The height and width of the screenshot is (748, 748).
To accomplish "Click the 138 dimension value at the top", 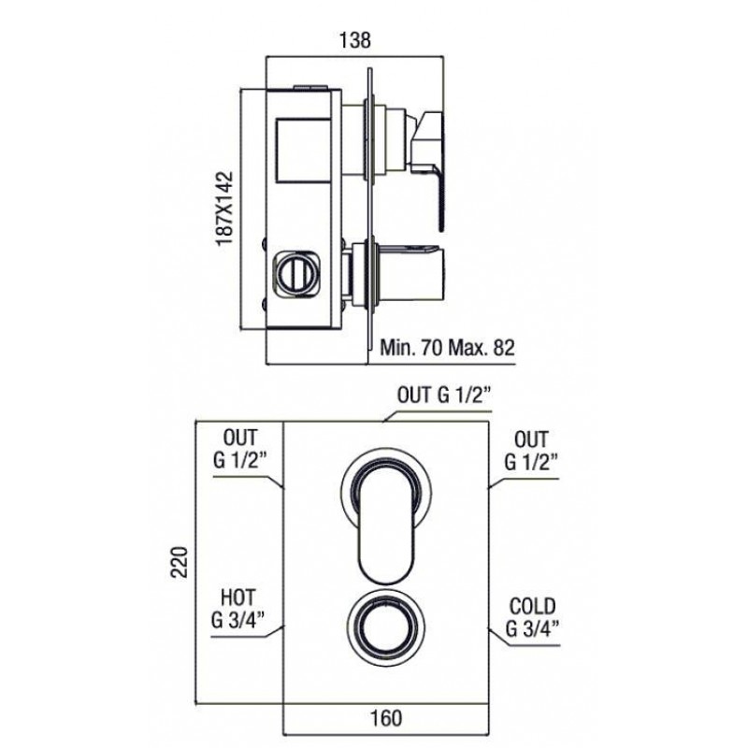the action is click(354, 40).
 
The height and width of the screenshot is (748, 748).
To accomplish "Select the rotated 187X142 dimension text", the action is click(224, 209).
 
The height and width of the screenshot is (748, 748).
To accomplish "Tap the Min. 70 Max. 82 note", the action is click(447, 347).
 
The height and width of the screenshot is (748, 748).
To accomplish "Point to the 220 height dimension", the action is click(180, 562).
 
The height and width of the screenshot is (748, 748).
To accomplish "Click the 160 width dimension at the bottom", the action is click(386, 717).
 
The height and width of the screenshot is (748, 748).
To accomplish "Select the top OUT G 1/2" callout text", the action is click(444, 395).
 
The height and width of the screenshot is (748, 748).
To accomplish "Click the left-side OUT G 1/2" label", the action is click(240, 449).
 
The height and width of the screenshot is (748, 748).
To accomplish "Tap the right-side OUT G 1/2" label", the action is click(531, 450).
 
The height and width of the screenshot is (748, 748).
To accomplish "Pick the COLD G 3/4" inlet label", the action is click(532, 617).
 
